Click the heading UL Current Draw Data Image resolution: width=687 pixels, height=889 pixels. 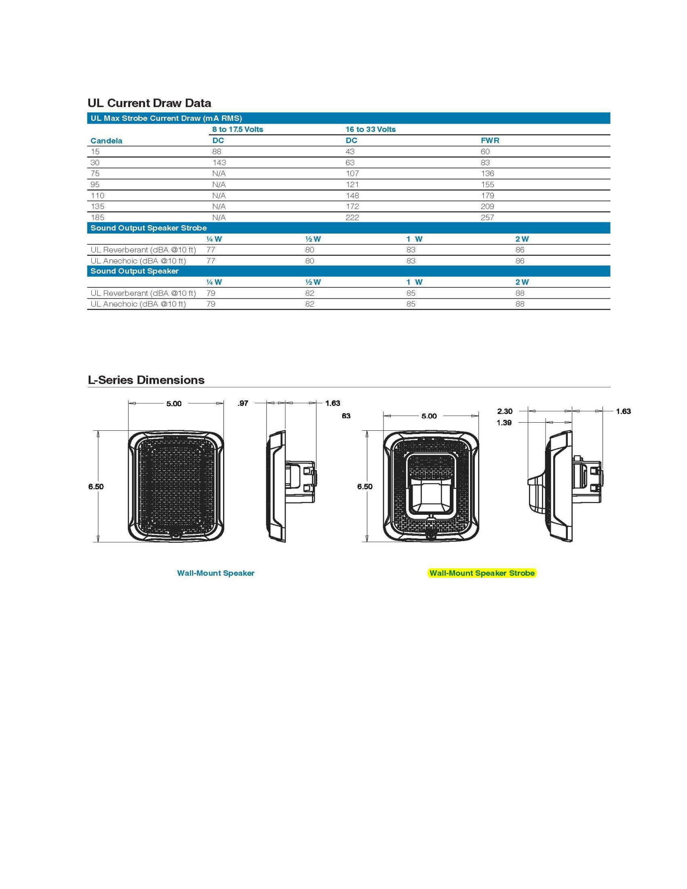click(149, 103)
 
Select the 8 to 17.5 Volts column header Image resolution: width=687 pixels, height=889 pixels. click(237, 129)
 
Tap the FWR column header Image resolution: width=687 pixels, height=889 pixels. click(490, 141)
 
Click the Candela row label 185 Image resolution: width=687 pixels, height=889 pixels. click(97, 217)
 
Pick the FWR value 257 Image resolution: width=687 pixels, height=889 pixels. click(487, 217)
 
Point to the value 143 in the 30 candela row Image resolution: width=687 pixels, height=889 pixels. click(219, 162)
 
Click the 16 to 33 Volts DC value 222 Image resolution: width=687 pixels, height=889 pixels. click(352, 217)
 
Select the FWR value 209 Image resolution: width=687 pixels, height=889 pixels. click(487, 206)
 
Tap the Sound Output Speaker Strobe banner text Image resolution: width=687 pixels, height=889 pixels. click(149, 228)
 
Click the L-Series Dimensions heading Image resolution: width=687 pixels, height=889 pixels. click(146, 380)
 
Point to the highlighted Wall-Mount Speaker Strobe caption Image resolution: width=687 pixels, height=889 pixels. click(482, 573)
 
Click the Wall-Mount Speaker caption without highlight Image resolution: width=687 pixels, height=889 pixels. click(215, 573)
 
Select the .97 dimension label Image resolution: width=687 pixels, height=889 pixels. click(242, 403)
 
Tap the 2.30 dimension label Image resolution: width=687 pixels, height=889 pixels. click(504, 411)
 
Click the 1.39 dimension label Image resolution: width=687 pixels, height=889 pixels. click(504, 423)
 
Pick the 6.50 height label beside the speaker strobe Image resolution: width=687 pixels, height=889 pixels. click(365, 487)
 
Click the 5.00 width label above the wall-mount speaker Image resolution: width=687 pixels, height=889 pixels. click(174, 404)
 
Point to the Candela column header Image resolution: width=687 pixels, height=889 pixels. click(106, 141)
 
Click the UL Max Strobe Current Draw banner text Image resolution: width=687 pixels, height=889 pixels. click(166, 118)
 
